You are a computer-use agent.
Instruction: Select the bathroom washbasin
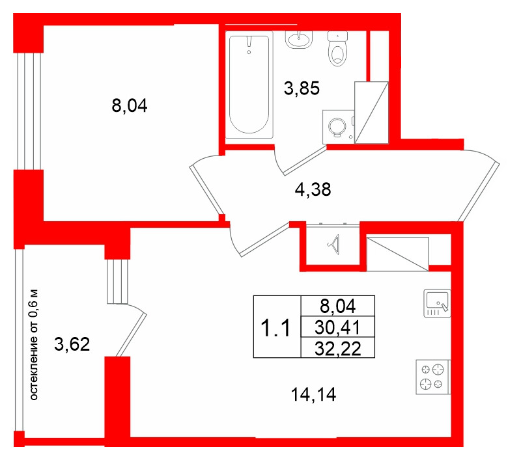pyautogui.click(x=299, y=40)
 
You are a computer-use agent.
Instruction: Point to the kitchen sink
pyautogui.click(x=436, y=302)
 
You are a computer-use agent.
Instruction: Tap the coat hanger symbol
pyautogui.click(x=335, y=245)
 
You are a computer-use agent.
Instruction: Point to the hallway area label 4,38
pyautogui.click(x=313, y=190)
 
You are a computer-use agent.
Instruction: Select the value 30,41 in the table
pyautogui.click(x=339, y=326)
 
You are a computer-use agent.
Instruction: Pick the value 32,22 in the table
pyautogui.click(x=339, y=347)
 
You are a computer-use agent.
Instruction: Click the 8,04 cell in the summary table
pyautogui.click(x=339, y=304)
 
